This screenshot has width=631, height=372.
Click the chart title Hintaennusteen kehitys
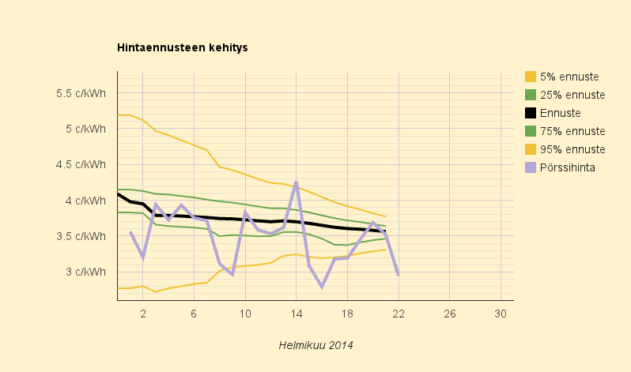[x=183, y=47]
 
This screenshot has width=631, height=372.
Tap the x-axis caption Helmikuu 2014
[x=316, y=345]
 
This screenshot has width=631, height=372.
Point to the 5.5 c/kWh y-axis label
[x=81, y=93]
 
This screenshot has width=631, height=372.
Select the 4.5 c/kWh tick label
[x=81, y=164]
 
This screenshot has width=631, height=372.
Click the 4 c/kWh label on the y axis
[x=85, y=201]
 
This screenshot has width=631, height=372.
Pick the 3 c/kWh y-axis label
[x=85, y=272]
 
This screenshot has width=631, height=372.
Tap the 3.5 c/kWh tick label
[x=81, y=236]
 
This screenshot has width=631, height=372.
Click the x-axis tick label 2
[x=143, y=314]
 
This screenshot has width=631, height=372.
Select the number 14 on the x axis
[x=297, y=314]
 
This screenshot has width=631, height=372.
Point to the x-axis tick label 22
[x=399, y=314]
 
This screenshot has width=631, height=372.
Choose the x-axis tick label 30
[x=501, y=314]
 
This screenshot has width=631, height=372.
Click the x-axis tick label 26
[x=449, y=314]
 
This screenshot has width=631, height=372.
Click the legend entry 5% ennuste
[x=561, y=77]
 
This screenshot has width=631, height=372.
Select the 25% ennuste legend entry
[x=565, y=95]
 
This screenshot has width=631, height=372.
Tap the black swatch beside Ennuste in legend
[x=531, y=113]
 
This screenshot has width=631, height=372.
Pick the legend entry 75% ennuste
[x=565, y=131]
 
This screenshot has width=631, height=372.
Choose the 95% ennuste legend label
[x=572, y=149]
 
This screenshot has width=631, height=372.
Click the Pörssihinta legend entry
[x=560, y=167]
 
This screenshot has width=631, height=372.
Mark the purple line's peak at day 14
[x=297, y=182]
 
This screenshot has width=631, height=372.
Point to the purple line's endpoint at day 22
[x=399, y=275]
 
